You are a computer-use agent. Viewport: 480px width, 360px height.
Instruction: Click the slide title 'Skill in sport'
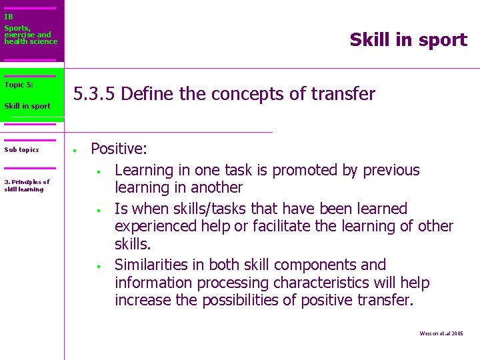(x=408, y=40)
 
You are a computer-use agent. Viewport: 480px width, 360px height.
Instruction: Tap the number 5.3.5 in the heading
(x=95, y=94)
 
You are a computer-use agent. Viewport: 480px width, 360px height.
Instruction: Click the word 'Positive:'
(x=119, y=148)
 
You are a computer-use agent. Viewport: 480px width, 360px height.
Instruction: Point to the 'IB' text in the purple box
(x=9, y=17)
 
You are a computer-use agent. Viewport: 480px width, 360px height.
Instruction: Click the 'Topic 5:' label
(x=19, y=85)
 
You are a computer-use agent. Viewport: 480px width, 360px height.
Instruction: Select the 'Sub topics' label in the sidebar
(x=21, y=150)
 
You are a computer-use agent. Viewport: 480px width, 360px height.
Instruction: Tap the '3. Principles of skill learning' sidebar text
(x=27, y=185)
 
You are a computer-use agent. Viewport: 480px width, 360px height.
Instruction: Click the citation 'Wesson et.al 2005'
(x=441, y=333)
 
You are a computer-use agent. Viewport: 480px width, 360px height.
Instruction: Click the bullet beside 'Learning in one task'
(x=98, y=172)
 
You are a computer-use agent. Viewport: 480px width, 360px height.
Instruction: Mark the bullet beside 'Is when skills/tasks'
(x=98, y=211)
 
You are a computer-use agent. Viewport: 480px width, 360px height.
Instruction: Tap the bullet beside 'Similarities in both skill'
(x=98, y=267)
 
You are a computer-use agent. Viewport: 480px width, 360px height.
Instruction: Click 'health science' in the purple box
(x=31, y=41)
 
